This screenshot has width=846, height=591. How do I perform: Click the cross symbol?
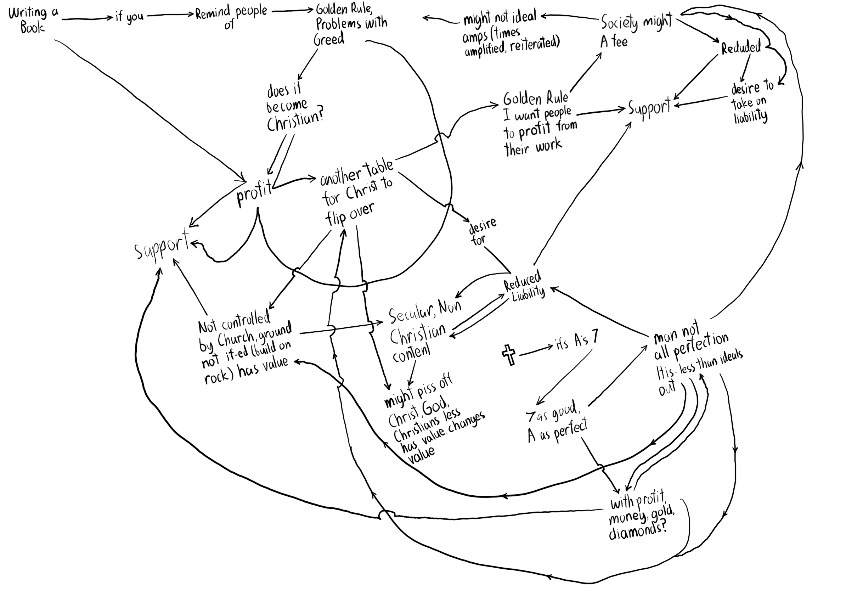tap(509, 355)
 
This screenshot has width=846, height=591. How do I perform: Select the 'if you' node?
tap(129, 17)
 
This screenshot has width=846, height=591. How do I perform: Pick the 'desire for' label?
tap(481, 233)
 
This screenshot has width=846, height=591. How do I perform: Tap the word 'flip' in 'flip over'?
tap(335, 219)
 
